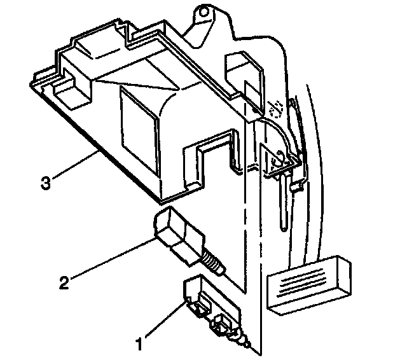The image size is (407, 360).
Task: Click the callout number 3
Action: click(x=45, y=184)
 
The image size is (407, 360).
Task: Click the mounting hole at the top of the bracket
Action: click(x=203, y=11)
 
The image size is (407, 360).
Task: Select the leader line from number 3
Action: click(x=73, y=168)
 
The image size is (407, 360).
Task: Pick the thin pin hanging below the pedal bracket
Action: click(x=281, y=204)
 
